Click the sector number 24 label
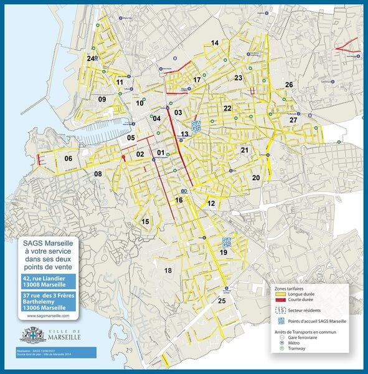tap(91, 59)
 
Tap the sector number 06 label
tap(68, 158)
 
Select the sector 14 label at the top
tap(215, 42)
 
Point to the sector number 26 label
tap(289, 84)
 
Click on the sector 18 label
tap(167, 270)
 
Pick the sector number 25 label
tap(221, 300)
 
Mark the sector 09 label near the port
tap(102, 99)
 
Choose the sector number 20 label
tap(256, 178)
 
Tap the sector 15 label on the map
tap(146, 222)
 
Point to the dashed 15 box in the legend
tap(281, 309)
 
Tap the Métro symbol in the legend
tap(281, 342)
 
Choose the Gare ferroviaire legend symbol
tap(281, 336)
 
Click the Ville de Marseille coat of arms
tap(33, 335)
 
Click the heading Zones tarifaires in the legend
tap(290, 289)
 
